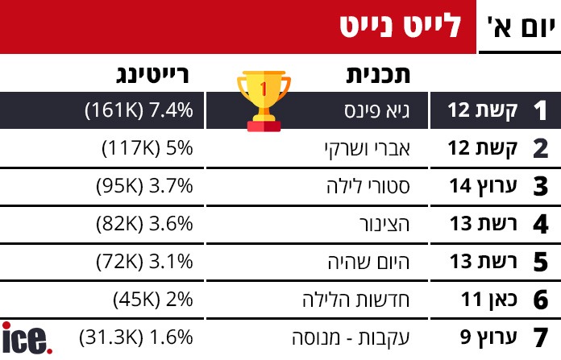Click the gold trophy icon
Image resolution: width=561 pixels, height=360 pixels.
tap(263, 100)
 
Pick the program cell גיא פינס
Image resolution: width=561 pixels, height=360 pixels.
tap(378, 110)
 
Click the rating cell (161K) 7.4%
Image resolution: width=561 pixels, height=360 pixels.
tap(139, 110)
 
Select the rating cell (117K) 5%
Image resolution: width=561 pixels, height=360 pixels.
tap(148, 148)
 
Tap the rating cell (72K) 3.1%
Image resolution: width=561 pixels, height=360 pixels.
tap(143, 262)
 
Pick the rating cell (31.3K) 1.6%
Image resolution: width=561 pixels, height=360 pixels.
tap(137, 337)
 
